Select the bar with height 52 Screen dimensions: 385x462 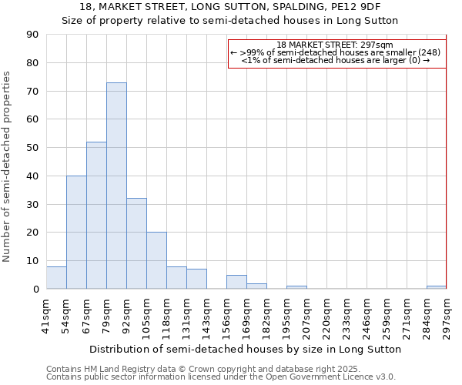tap(96, 215)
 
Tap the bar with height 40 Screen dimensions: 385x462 tap(76, 232)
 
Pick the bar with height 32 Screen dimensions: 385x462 tap(136, 243)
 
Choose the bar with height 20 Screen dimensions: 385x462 tap(156, 260)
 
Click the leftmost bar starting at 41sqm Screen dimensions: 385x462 tap(56, 278)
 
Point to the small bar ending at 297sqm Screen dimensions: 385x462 tap(437, 287)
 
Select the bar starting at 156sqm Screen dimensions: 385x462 tap(236, 282)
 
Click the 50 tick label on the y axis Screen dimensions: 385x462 tap(33, 148)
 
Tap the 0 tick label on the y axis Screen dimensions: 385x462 tap(36, 290)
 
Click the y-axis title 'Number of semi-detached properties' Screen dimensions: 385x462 tap(7, 166)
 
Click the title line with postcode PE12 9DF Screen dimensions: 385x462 tap(230, 7)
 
